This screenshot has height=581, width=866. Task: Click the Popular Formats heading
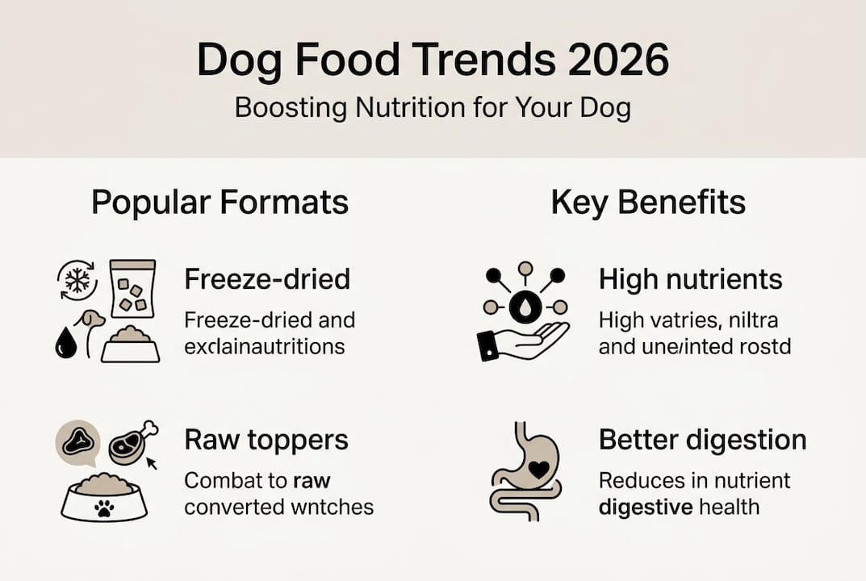(220, 203)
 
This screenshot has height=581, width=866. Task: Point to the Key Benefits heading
(648, 203)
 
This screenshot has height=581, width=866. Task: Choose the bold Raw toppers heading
(266, 440)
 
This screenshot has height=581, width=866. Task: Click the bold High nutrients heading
(690, 279)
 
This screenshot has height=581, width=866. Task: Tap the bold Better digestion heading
(702, 440)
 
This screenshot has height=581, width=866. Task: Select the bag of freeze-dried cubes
(132, 290)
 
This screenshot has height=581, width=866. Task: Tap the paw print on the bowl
(105, 508)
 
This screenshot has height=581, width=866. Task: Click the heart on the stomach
(538, 469)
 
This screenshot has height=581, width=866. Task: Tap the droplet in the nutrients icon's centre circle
(525, 307)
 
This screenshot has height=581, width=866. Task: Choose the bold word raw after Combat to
(312, 481)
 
